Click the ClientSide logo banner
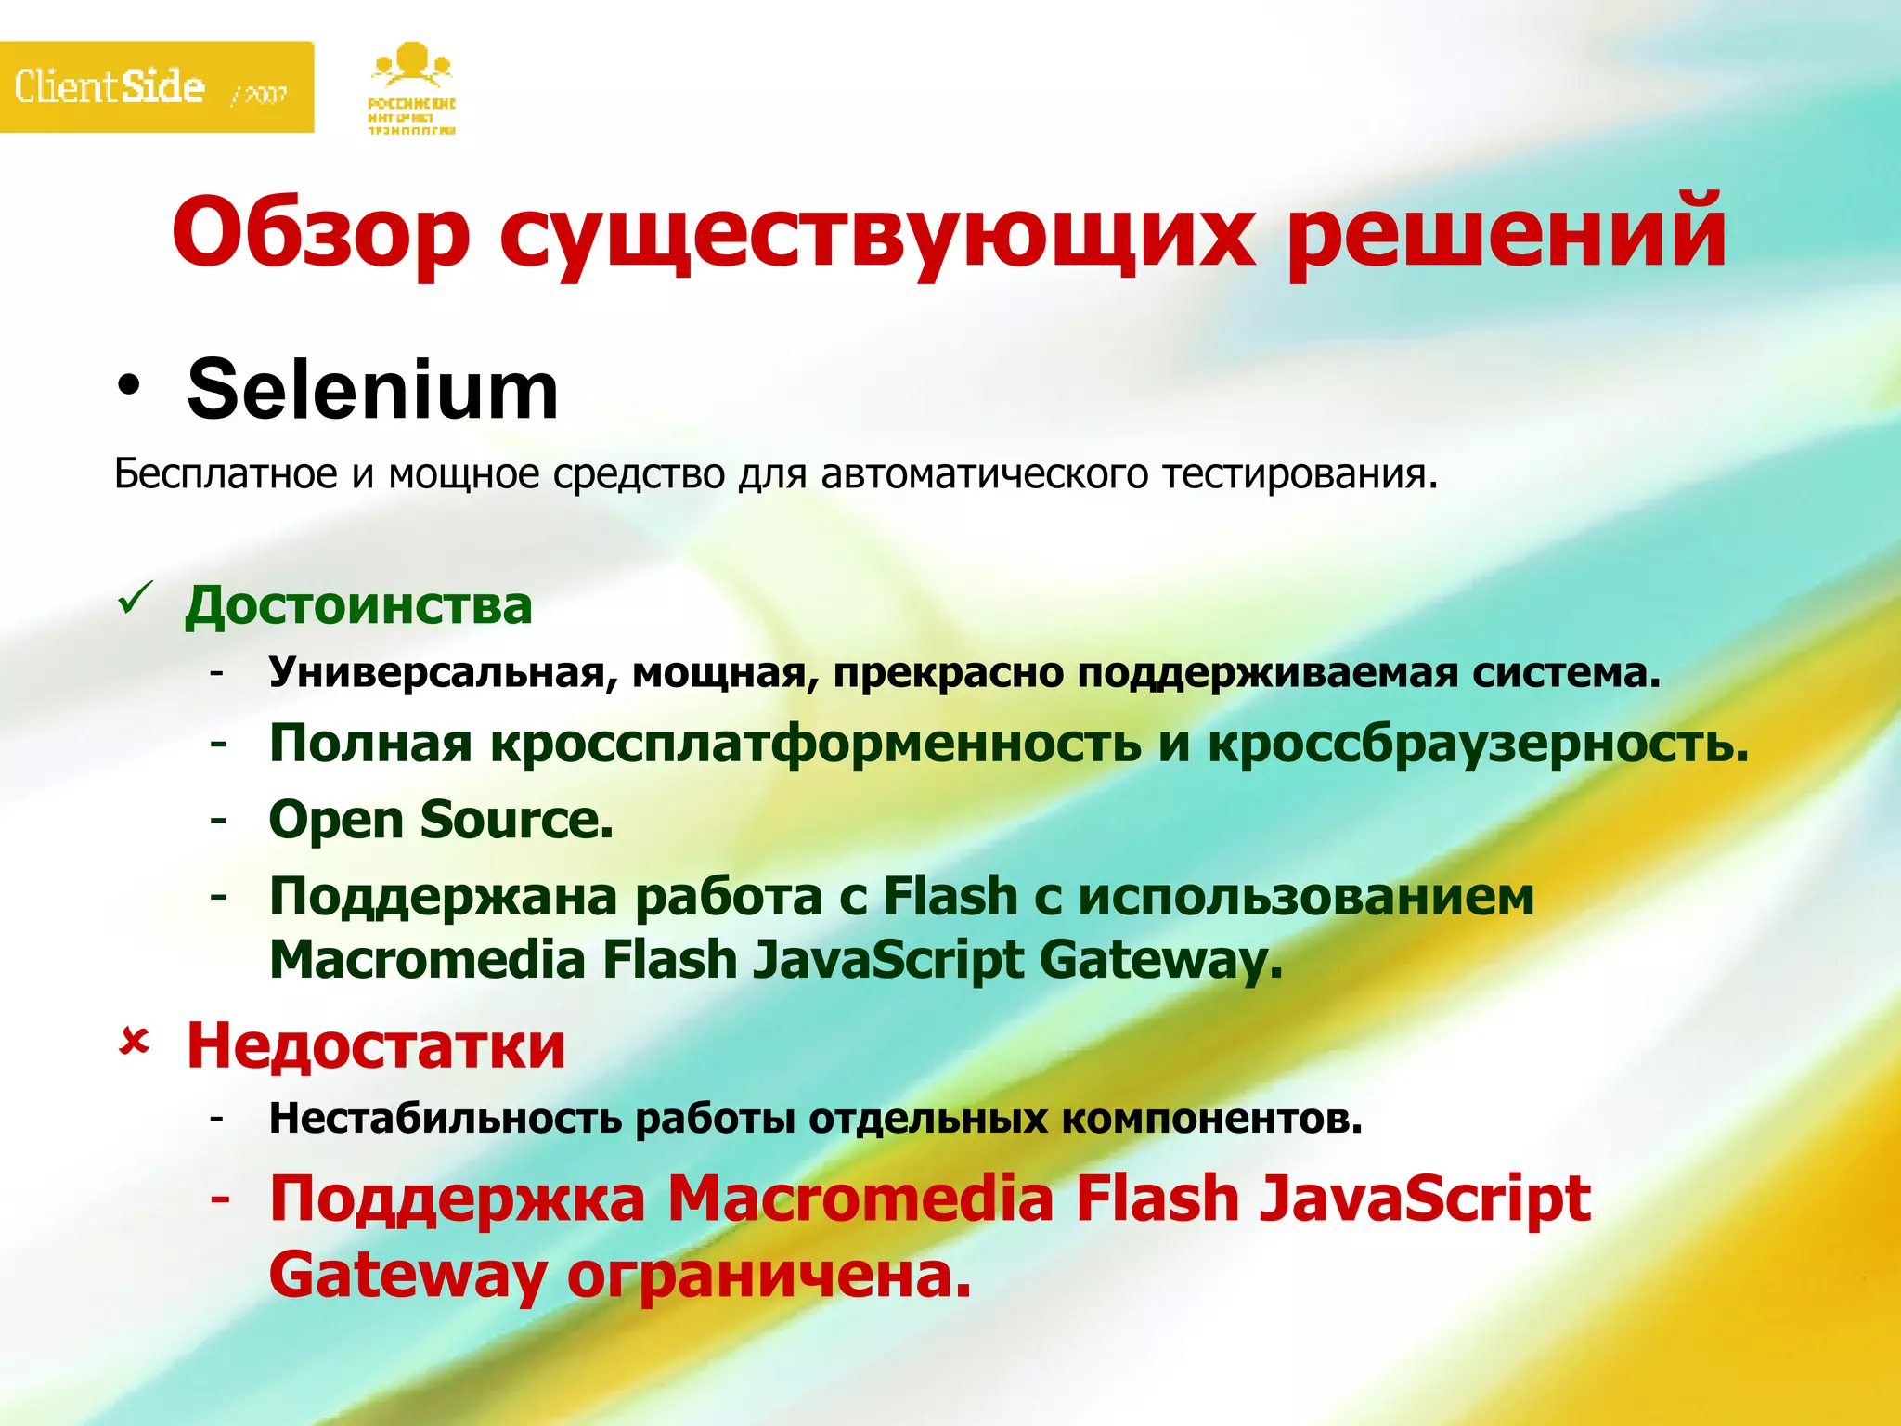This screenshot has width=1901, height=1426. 156,87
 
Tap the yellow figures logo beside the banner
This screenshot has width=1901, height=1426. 412,89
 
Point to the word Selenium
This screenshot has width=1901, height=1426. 372,391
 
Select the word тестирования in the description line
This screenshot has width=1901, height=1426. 1300,474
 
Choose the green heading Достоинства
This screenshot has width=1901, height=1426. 358,605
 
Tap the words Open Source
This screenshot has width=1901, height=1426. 441,820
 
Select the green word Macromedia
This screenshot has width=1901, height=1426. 427,960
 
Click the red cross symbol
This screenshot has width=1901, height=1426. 135,1043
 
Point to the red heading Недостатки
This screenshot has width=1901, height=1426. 376,1046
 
